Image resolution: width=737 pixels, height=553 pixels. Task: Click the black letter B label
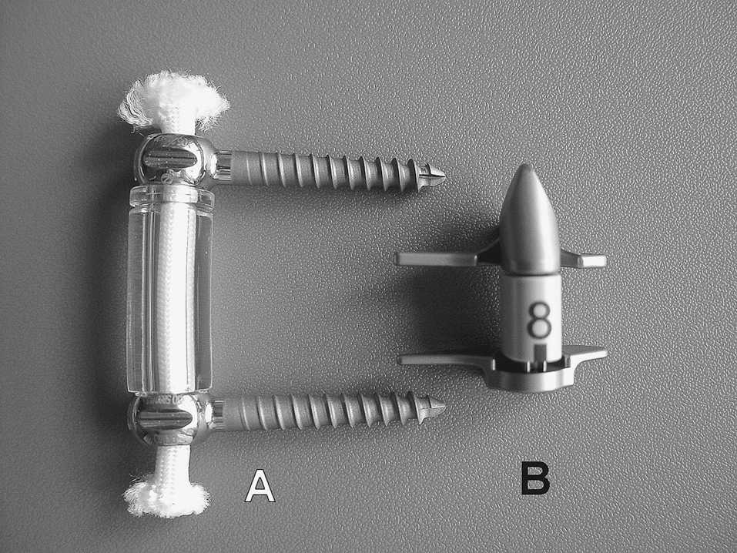(x=535, y=479)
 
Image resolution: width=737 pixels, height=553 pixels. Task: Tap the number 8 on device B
(x=538, y=320)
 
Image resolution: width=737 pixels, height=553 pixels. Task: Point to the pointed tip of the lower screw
(x=444, y=404)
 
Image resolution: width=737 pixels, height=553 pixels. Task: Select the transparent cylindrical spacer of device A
(x=169, y=289)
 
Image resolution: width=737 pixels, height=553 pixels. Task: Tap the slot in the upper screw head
(x=169, y=159)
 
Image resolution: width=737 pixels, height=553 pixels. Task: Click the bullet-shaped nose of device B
(x=529, y=220)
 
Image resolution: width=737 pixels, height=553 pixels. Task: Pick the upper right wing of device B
(x=583, y=259)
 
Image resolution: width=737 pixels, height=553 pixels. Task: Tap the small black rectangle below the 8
(x=541, y=352)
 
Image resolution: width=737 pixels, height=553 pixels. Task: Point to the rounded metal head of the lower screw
(x=168, y=418)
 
